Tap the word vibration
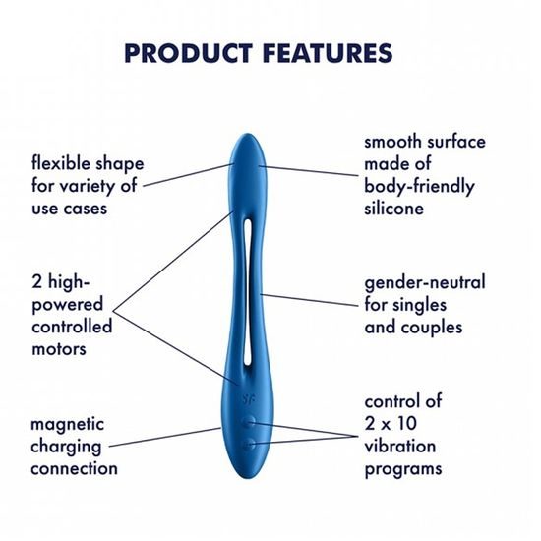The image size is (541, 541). [x=402, y=447]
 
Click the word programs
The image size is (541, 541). [x=403, y=469]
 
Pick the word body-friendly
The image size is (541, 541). [x=419, y=186]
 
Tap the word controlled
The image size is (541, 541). [x=72, y=327]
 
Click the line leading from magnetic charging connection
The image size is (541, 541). [x=177, y=436]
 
